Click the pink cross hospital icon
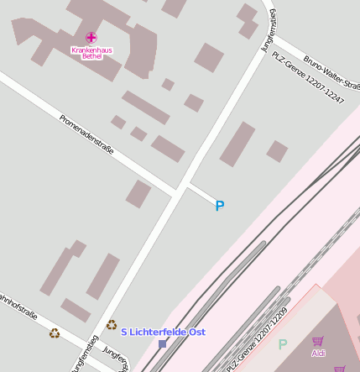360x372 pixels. click(x=91, y=38)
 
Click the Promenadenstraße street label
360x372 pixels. click(x=86, y=134)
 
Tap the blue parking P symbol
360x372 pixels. click(x=220, y=206)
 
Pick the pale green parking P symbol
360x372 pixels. click(x=283, y=344)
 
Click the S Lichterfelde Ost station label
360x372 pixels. click(x=163, y=333)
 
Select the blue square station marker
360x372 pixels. click(x=163, y=343)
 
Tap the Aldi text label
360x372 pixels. click(x=318, y=353)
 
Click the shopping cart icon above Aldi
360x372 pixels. click(x=318, y=341)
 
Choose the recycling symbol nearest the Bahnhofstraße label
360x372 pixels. click(x=55, y=333)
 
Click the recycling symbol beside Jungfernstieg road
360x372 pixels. click(x=112, y=324)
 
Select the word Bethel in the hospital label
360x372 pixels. click(x=92, y=56)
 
